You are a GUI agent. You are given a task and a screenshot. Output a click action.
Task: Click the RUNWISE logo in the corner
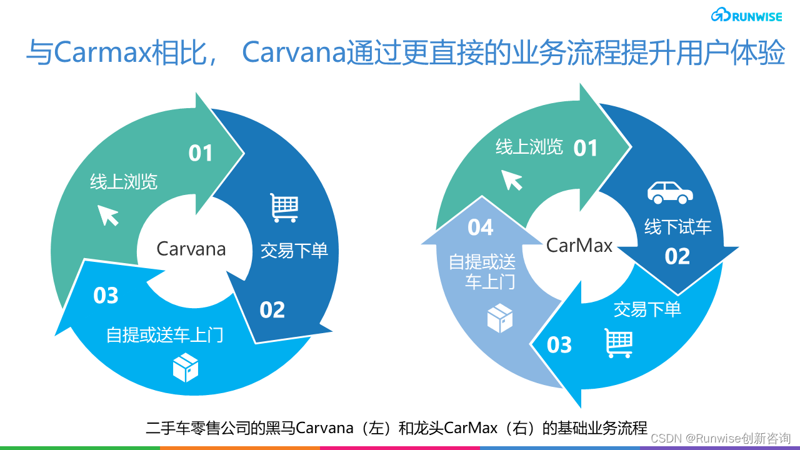(x=746, y=16)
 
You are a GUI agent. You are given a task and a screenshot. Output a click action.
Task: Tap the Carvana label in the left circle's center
(x=191, y=249)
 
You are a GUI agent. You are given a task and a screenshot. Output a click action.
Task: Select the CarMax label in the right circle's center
(x=579, y=245)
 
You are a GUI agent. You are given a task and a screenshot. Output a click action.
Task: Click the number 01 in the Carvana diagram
(x=201, y=153)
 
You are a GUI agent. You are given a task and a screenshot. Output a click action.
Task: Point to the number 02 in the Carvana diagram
(x=272, y=309)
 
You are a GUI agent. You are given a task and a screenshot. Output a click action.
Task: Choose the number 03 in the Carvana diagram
(x=106, y=296)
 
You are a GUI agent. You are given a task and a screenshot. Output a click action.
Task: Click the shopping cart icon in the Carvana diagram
(x=284, y=207)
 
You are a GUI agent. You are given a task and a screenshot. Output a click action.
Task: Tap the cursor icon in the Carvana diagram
(x=108, y=215)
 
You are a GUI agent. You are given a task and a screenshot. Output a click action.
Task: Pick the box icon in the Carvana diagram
(x=186, y=367)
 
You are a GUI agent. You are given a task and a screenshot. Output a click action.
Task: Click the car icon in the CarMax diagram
(x=670, y=192)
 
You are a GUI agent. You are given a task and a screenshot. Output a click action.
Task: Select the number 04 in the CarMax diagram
(x=481, y=227)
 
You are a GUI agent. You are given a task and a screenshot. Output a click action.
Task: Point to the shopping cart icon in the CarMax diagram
(x=619, y=343)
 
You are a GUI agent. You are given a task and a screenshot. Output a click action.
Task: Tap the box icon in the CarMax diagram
(x=500, y=318)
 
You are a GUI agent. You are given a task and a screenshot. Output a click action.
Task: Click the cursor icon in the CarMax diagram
(x=512, y=180)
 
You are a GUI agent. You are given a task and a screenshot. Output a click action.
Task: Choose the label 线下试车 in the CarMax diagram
(x=678, y=226)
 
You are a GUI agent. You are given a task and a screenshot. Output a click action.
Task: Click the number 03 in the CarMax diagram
(x=559, y=344)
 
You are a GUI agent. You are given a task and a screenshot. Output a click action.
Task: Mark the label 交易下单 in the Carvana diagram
(x=294, y=251)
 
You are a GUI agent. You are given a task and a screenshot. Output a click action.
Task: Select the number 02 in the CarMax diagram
(x=677, y=256)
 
